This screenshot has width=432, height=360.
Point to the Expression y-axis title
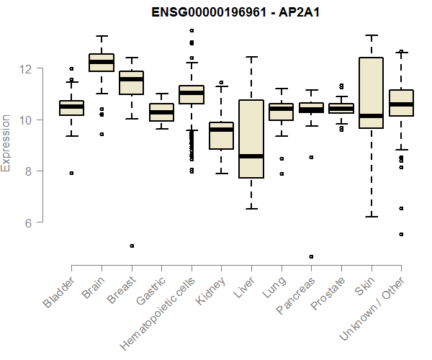pos(6,143)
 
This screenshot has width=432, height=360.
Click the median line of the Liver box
pos(251,156)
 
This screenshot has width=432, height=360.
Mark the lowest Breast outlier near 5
pos(131,246)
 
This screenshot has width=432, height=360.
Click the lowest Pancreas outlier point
pos(311,256)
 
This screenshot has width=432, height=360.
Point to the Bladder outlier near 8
pos(71,173)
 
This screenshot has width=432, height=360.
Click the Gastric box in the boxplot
pos(161,112)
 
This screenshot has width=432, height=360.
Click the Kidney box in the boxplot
pos(221,135)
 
